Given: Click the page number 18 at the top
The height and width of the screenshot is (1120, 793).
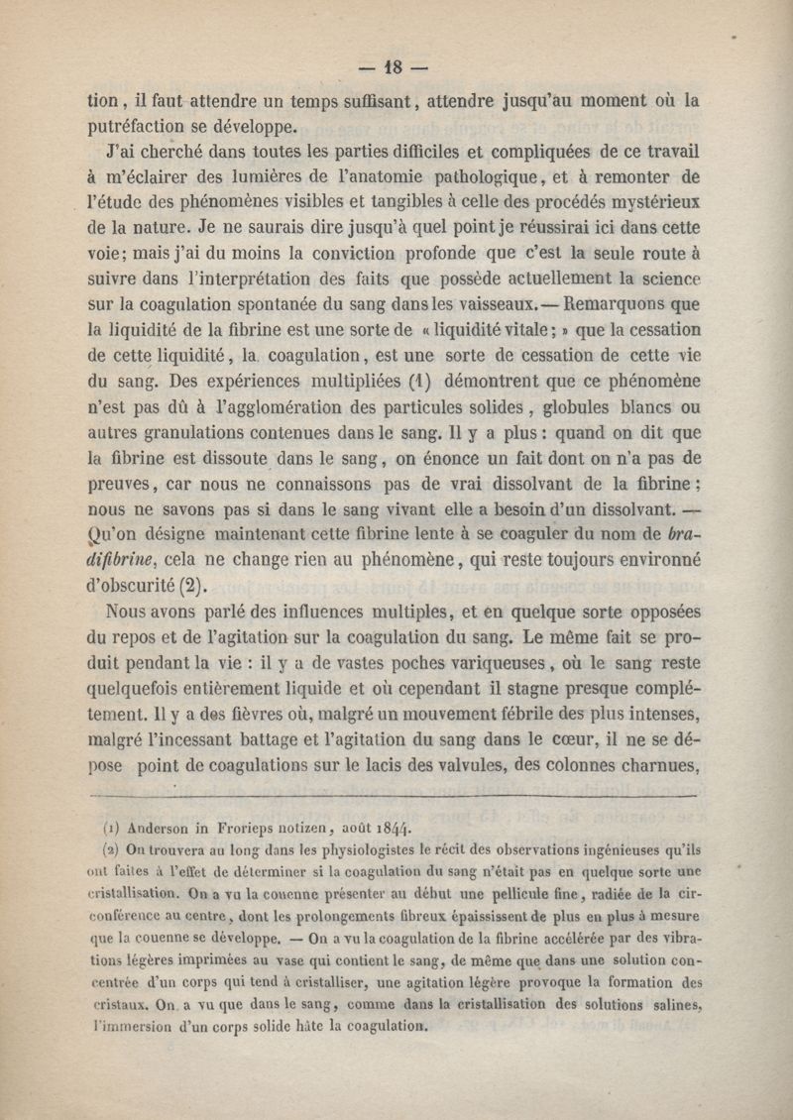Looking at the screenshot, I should coord(396,68).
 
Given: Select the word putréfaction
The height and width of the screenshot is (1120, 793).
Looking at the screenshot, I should coord(144,126).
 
